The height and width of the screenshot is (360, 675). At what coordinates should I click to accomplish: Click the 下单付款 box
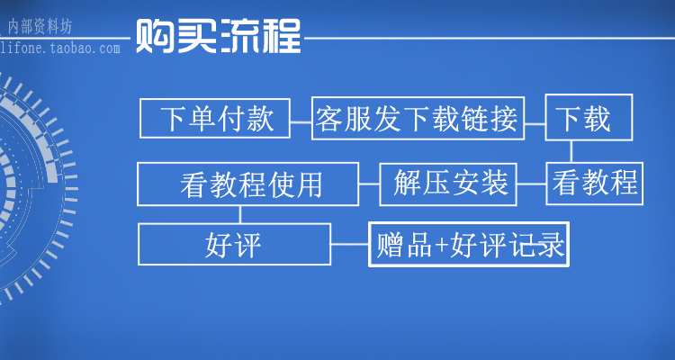[x=215, y=118]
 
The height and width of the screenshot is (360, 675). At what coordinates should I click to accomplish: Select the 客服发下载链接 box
[x=417, y=118]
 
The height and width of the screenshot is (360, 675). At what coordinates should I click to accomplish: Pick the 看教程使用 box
[x=247, y=184]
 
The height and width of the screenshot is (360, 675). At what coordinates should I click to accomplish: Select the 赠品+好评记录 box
[x=469, y=244]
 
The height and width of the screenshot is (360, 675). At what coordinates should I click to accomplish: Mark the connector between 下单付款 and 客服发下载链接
[x=301, y=118]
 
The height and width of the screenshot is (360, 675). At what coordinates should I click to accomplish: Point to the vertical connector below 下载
[x=567, y=150]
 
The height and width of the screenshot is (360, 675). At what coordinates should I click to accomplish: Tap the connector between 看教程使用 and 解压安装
[x=369, y=184]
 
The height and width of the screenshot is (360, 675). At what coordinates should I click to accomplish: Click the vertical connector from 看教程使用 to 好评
[x=239, y=214]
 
